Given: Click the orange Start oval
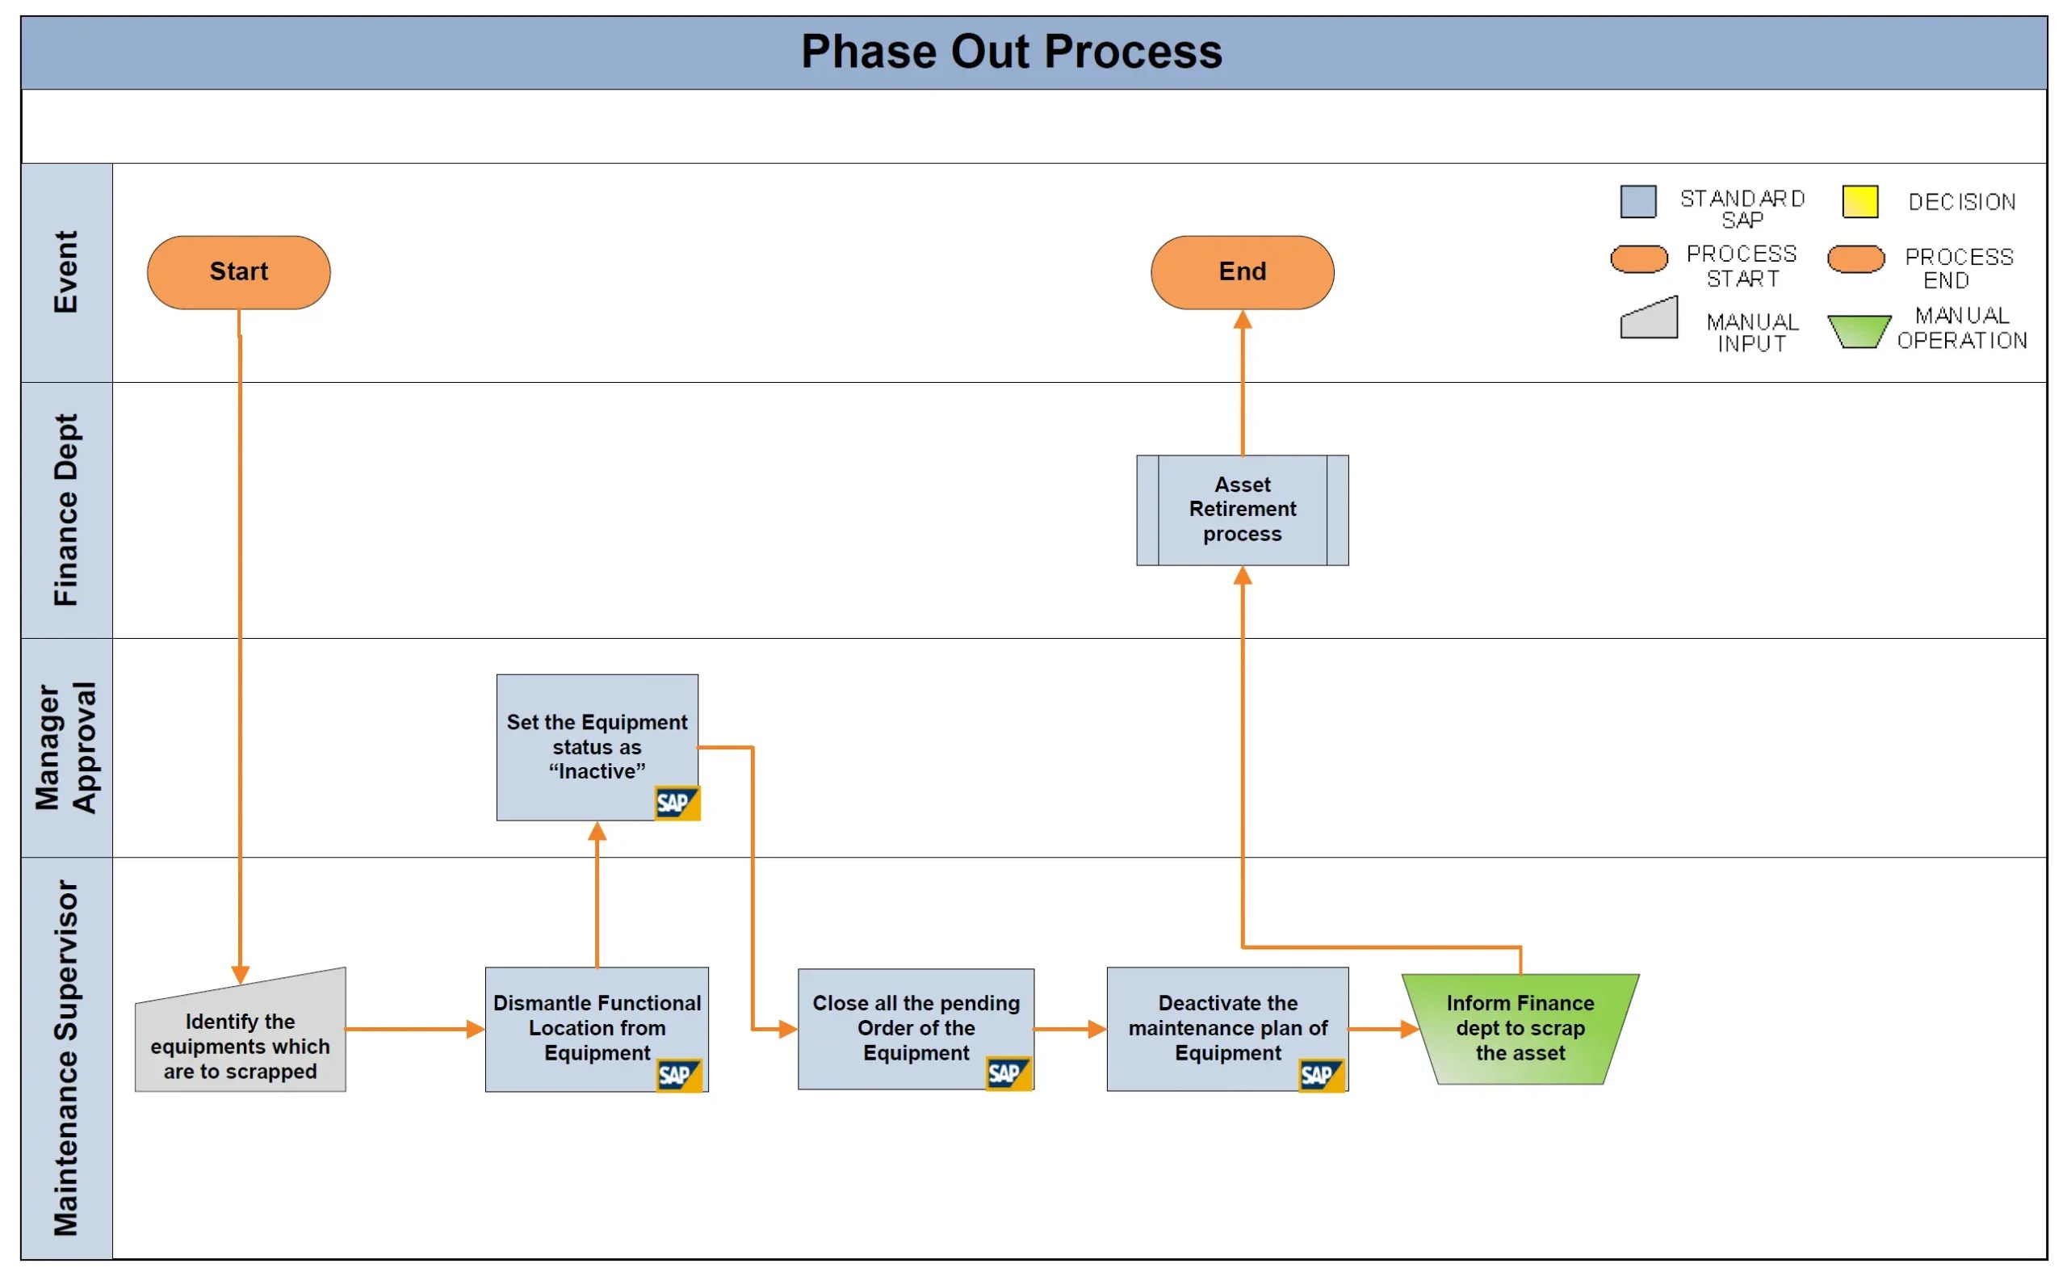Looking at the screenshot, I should pos(239,271).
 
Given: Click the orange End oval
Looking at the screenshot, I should pos(1242,271).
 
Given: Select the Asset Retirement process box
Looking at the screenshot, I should pos(1242,510).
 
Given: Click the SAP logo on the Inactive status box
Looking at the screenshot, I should pos(677,803).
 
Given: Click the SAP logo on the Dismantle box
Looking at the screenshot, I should pos(678,1075).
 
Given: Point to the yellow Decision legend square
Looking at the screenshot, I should pos(1859,202).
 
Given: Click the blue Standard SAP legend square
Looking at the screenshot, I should pos(1637,202).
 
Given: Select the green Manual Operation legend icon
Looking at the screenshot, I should pos(1859,331).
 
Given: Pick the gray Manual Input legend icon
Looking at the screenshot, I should pos(1649,319).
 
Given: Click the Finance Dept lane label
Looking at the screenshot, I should pos(66,510).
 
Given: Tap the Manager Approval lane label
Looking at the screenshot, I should pos(66,748).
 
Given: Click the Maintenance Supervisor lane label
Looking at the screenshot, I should pos(66,1058).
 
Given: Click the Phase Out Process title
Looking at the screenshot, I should pos(1011,52).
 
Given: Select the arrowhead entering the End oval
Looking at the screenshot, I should pos(1242,320).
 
